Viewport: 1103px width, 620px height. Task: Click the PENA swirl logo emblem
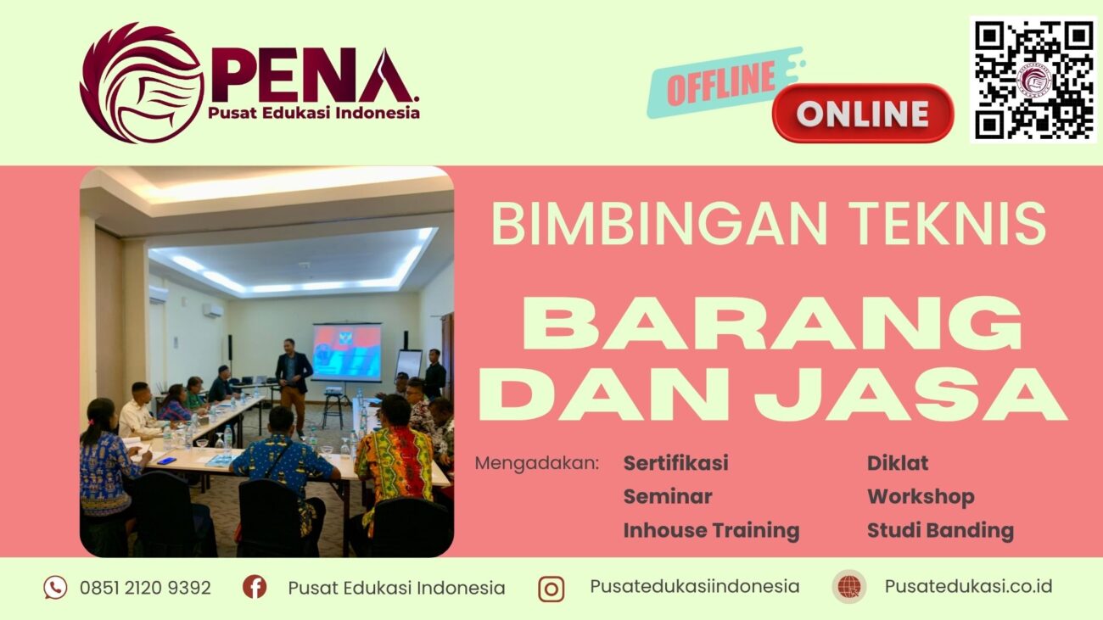point(141,82)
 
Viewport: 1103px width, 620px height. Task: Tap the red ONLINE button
point(863,113)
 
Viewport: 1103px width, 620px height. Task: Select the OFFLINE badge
point(722,81)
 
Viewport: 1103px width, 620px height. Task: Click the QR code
point(1033,79)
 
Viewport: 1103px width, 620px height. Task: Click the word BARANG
point(772,324)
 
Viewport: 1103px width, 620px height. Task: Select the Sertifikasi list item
point(675,463)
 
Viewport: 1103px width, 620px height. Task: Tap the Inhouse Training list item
point(711,530)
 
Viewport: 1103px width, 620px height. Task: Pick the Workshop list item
point(920,496)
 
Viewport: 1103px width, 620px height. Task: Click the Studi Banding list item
point(939,530)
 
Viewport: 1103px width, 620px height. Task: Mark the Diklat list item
point(897,463)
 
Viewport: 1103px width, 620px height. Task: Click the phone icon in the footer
point(55,587)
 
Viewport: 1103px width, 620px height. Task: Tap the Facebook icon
point(255,586)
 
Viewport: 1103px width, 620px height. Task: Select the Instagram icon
point(551,588)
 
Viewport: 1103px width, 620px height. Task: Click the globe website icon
point(848,586)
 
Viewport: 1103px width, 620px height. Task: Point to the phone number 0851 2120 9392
point(145,587)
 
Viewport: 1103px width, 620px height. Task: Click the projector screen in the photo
point(346,352)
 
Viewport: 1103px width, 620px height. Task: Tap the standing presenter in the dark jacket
point(293,379)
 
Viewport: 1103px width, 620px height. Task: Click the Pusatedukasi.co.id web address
point(968,586)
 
